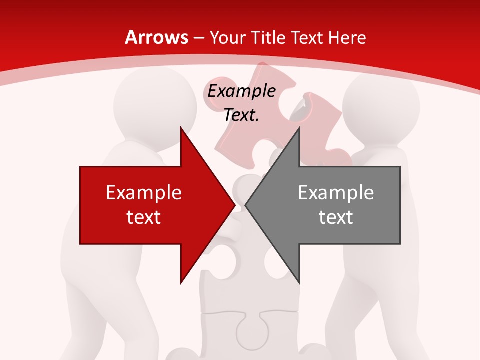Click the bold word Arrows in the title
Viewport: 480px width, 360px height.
156,37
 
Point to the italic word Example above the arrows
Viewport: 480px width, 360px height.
242,91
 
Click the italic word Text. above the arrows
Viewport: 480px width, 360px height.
242,115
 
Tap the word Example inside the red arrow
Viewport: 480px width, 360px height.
144,193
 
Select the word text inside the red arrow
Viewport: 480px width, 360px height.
144,217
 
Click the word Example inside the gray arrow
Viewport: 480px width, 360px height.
336,193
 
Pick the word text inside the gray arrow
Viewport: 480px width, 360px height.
336,217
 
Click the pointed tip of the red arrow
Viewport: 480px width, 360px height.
234,205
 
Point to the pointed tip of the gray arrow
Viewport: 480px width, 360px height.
246,205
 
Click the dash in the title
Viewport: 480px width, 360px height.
198,38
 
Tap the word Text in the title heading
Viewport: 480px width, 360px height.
308,37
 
